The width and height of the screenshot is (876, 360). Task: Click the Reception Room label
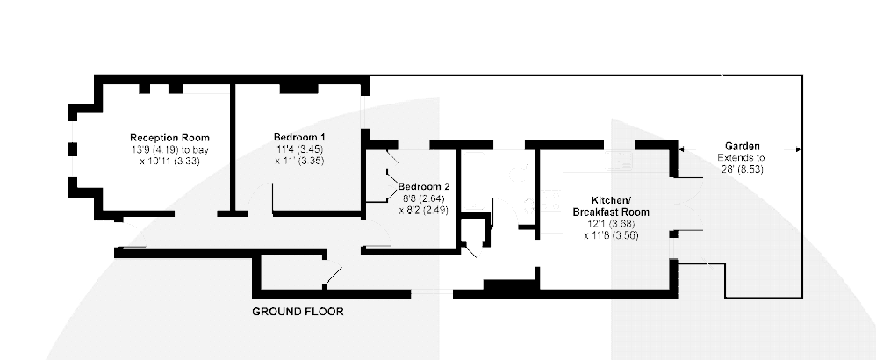(x=169, y=138)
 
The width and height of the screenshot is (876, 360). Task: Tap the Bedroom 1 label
(x=299, y=137)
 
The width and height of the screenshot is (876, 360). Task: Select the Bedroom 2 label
(x=423, y=187)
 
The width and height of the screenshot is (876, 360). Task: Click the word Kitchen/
(x=611, y=200)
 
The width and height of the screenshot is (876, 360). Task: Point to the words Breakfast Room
(x=611, y=212)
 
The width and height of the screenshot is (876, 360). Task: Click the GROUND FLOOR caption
(x=298, y=312)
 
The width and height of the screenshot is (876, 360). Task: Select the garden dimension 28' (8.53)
(x=743, y=169)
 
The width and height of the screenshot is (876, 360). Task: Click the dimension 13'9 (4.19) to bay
(x=169, y=149)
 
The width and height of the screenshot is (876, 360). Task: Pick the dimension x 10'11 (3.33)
(x=169, y=161)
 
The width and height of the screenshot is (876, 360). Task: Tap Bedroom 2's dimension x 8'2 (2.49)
(x=423, y=210)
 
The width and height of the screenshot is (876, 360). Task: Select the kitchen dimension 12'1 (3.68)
(x=611, y=224)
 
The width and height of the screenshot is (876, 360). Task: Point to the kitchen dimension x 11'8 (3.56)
(x=611, y=235)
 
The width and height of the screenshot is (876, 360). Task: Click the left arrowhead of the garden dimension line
(x=682, y=149)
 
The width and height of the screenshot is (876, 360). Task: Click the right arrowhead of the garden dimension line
(x=798, y=149)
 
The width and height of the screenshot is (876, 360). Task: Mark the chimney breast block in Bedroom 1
(x=299, y=88)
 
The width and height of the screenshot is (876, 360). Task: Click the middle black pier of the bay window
(x=73, y=149)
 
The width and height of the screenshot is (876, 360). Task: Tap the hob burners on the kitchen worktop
(x=551, y=201)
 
